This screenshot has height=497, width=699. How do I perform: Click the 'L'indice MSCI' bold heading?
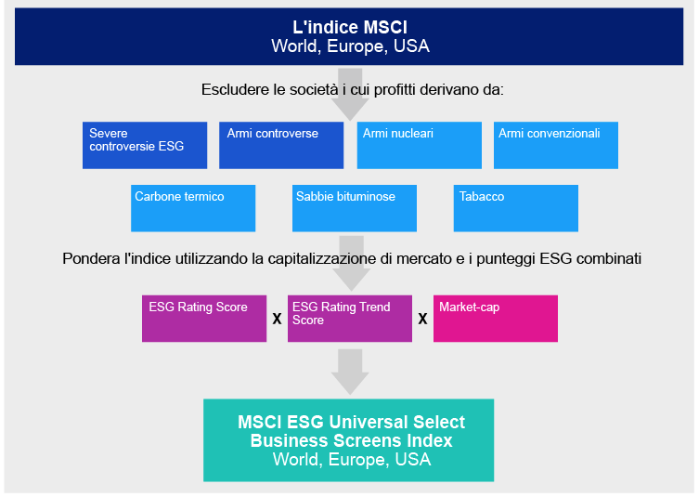pyautogui.click(x=350, y=27)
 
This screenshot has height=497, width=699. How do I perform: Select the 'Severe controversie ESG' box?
pyautogui.click(x=145, y=146)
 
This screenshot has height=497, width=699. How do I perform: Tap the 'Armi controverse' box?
pyautogui.click(x=281, y=146)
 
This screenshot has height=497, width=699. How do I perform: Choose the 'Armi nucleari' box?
pyautogui.click(x=420, y=146)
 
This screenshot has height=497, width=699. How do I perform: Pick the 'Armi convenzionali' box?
pyautogui.click(x=556, y=146)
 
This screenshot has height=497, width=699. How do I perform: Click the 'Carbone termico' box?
pyautogui.click(x=193, y=208)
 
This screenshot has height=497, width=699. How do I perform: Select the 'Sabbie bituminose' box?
pyautogui.click(x=355, y=208)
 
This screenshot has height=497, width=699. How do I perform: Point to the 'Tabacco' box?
pyautogui.click(x=516, y=208)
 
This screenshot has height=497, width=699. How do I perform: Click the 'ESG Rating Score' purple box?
pyautogui.click(x=204, y=319)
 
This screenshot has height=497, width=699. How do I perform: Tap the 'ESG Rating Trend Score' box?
pyautogui.click(x=350, y=319)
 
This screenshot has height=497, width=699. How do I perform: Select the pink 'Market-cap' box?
pyautogui.click(x=496, y=319)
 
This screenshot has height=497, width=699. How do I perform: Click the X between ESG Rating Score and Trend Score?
pyautogui.click(x=277, y=319)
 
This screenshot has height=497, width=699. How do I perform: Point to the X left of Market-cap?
pyautogui.click(x=422, y=319)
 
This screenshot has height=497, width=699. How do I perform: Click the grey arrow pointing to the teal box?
pyautogui.click(x=350, y=373)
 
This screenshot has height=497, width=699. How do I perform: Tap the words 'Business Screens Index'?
pyautogui.click(x=351, y=440)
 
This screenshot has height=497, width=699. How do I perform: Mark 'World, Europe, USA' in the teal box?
pyautogui.click(x=352, y=460)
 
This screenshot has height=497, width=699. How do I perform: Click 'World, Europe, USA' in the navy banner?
pyautogui.click(x=350, y=46)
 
